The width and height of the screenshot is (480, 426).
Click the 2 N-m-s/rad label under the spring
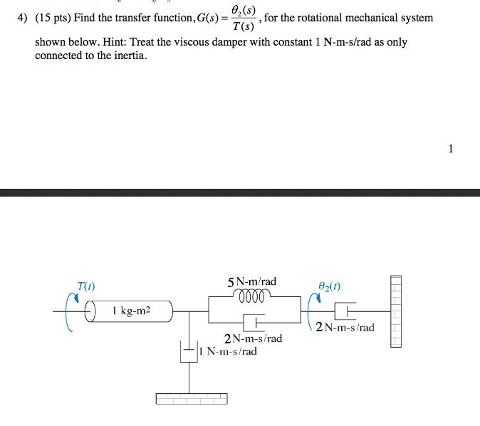[x=253, y=338]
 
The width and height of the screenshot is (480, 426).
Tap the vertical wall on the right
[x=396, y=311]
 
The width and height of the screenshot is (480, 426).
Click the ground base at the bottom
[x=192, y=399]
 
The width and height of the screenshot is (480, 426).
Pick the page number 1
[x=449, y=148]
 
